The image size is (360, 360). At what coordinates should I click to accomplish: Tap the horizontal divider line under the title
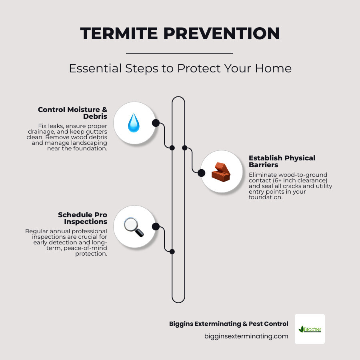tap(179, 53)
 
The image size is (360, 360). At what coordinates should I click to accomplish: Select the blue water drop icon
tap(134, 123)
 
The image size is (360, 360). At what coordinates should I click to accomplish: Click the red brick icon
tap(221, 172)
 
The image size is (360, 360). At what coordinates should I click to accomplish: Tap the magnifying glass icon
tap(133, 227)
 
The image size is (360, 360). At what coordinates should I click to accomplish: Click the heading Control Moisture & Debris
tap(73, 113)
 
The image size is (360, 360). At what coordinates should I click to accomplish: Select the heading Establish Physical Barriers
tap(282, 161)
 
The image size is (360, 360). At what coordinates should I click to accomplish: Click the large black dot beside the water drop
tap(156, 123)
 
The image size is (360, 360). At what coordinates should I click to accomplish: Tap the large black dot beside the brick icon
tap(202, 173)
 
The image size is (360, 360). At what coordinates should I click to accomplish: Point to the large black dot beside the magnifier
tap(156, 227)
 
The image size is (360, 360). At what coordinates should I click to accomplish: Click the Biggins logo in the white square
tap(310, 329)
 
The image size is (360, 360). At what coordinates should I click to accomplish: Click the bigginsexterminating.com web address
tap(246, 336)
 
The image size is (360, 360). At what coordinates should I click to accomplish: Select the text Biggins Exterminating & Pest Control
tap(228, 324)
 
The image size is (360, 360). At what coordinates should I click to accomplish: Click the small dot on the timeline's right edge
tap(185, 148)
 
